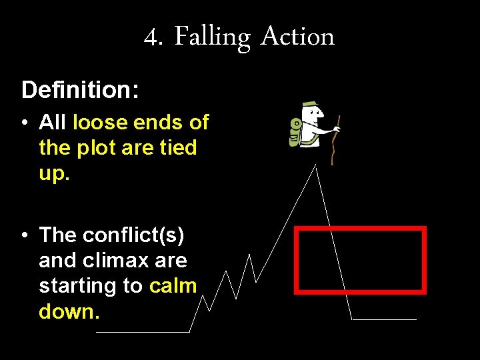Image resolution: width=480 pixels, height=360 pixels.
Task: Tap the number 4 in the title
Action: pyautogui.click(x=153, y=37)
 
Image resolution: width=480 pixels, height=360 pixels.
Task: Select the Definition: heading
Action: pyautogui.click(x=80, y=90)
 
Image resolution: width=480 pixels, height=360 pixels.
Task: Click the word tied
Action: pyautogui.click(x=178, y=147)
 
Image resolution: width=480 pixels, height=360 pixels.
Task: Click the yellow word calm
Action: pyautogui.click(x=173, y=285)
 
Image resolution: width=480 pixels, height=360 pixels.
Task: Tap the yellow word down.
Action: pyautogui.click(x=69, y=311)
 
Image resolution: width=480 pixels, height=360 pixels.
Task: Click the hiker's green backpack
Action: pyautogui.click(x=295, y=131)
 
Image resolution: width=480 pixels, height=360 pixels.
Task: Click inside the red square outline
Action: pyautogui.click(x=360, y=259)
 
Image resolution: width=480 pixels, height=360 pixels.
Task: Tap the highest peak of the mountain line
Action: pyautogui.click(x=316, y=166)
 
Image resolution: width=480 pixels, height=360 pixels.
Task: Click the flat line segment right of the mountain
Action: pyautogui.click(x=384, y=319)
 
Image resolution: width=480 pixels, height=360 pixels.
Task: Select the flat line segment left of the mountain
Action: pyautogui.click(x=143, y=331)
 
